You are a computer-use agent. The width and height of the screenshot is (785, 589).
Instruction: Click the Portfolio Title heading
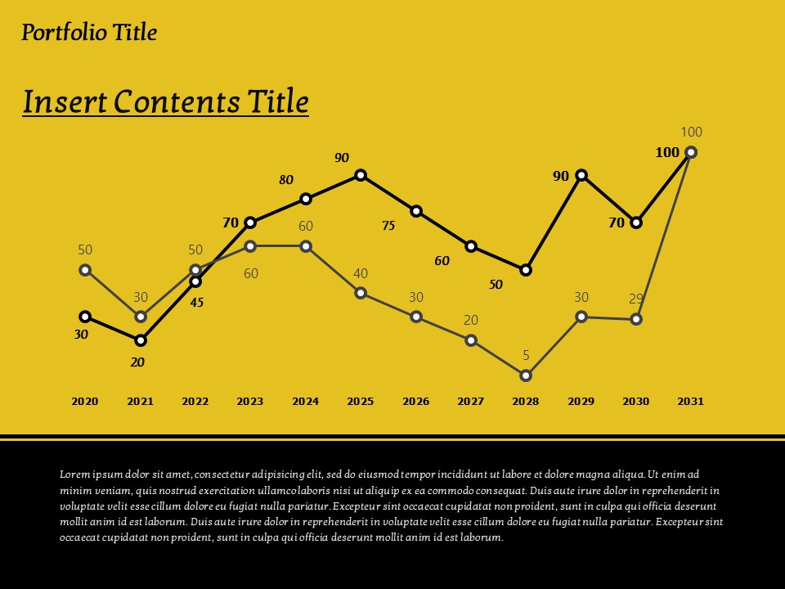(x=88, y=33)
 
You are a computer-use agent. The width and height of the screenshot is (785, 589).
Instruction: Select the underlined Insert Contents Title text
(x=165, y=102)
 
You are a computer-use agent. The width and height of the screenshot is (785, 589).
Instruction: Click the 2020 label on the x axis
(x=85, y=402)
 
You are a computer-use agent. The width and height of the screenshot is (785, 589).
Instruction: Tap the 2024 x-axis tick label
(x=305, y=402)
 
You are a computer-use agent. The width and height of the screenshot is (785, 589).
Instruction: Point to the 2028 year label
(x=526, y=402)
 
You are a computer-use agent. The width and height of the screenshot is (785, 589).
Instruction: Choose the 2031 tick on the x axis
(x=690, y=402)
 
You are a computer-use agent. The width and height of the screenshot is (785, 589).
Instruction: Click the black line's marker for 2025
(x=361, y=175)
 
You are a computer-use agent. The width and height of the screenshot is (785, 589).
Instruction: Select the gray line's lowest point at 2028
(x=526, y=375)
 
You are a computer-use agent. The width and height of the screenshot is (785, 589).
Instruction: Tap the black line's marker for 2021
(x=141, y=340)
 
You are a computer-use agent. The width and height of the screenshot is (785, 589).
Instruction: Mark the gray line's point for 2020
(x=85, y=270)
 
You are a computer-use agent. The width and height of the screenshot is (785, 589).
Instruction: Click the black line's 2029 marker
(x=581, y=175)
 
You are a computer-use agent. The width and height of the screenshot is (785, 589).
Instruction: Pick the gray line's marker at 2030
(x=636, y=319)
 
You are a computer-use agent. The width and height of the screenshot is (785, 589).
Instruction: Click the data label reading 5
(x=526, y=356)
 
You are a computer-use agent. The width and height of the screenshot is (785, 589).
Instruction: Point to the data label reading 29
(x=636, y=299)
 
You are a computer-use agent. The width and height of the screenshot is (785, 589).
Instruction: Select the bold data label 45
(x=196, y=303)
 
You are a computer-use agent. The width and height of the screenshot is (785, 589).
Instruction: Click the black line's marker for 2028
(x=526, y=270)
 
